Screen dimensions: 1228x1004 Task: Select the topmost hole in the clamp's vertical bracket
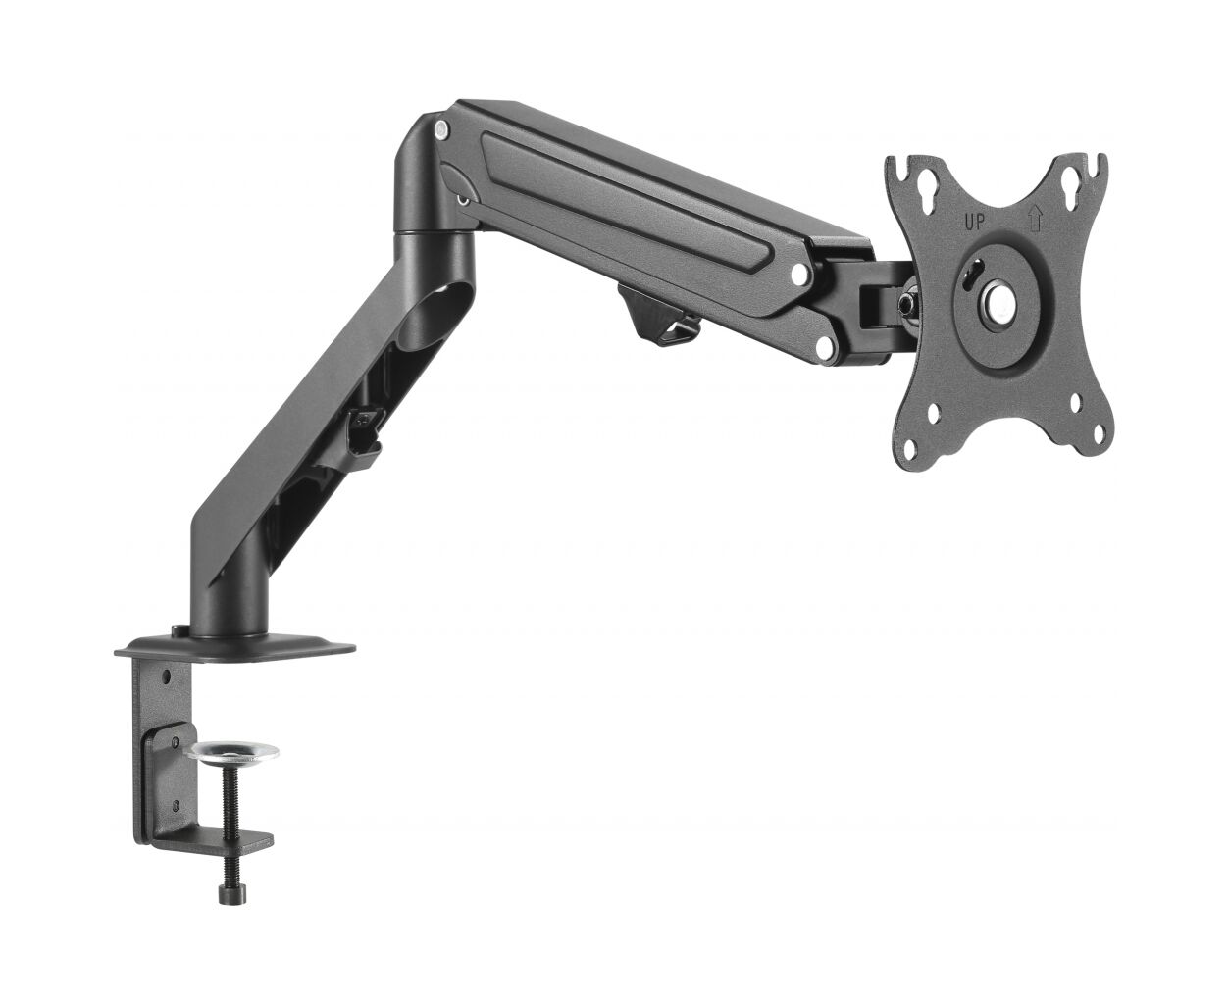(x=167, y=677)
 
